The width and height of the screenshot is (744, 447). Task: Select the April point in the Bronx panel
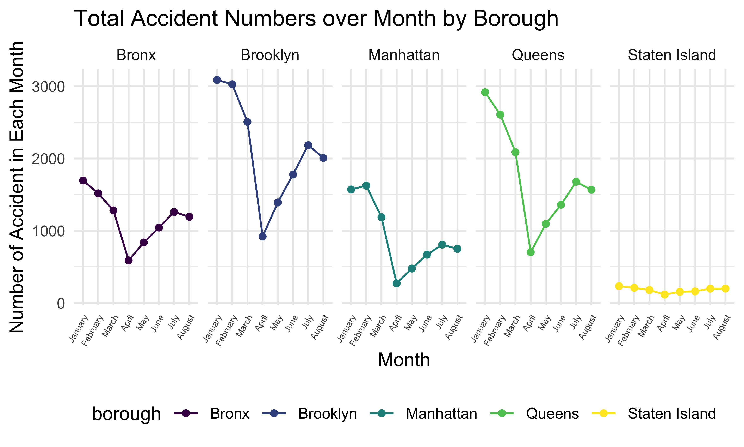[x=129, y=261]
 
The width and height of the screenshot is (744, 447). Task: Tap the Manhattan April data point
[x=397, y=284]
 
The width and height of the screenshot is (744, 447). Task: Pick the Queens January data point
[x=485, y=92]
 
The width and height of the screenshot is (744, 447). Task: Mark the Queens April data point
[x=531, y=252]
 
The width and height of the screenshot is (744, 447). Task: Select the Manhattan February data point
[x=366, y=186]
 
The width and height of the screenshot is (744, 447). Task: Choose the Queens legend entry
[x=552, y=414]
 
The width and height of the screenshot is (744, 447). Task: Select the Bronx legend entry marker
[x=186, y=413]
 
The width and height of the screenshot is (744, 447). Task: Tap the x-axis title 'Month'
[x=404, y=360]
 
